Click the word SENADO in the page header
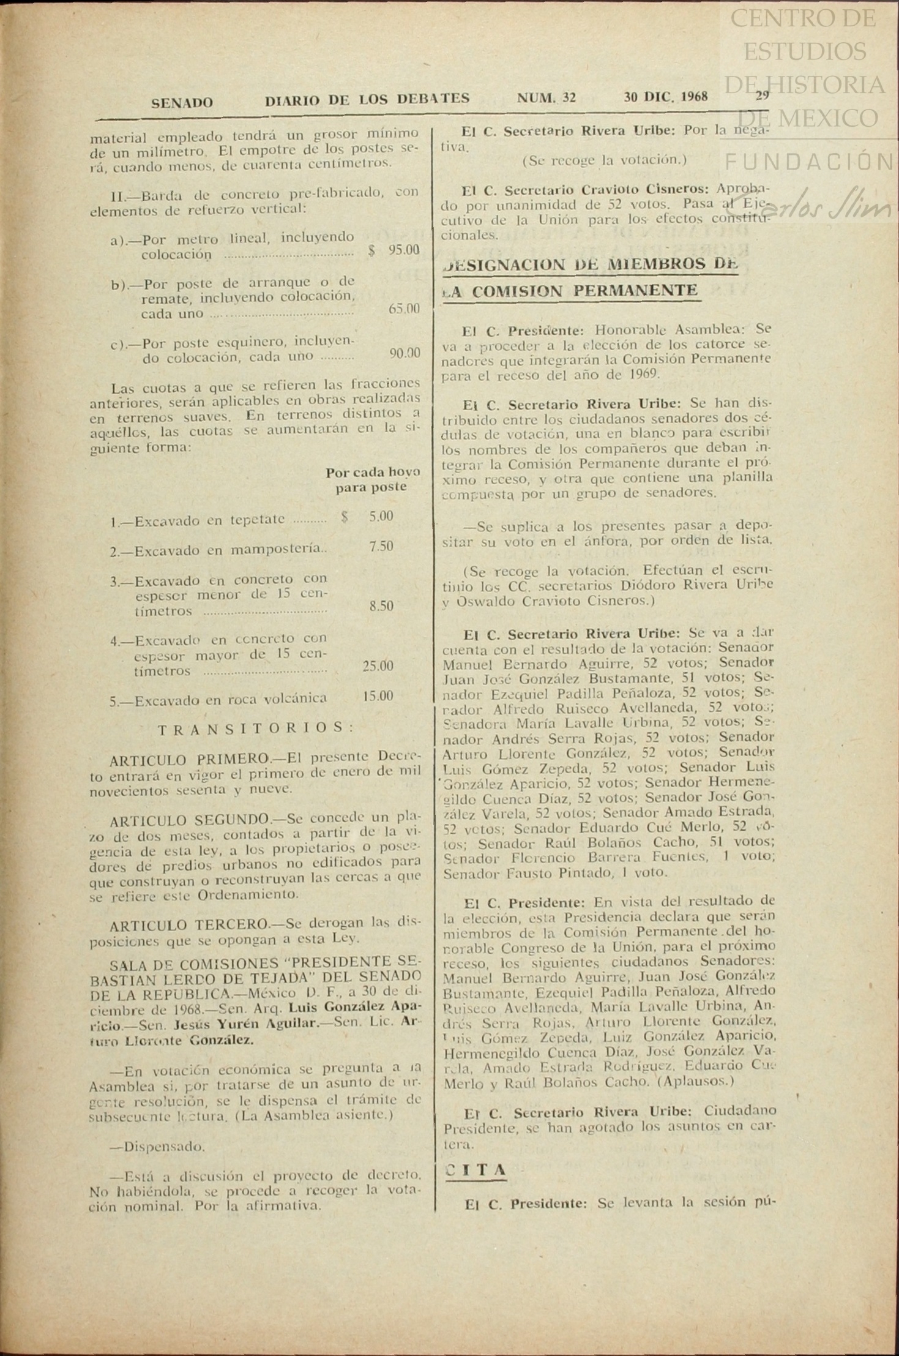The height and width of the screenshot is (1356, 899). (x=182, y=103)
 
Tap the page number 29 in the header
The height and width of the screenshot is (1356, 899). (x=762, y=96)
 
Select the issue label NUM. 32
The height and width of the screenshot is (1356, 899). (x=546, y=97)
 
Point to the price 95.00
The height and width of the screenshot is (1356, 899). (x=403, y=250)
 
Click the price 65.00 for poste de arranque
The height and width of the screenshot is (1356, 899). (x=404, y=309)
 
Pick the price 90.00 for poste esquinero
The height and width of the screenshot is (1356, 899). (x=405, y=353)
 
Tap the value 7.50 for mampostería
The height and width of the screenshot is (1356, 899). (x=381, y=546)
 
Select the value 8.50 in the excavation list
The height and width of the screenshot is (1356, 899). (x=381, y=606)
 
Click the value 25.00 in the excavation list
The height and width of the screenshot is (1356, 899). (x=378, y=665)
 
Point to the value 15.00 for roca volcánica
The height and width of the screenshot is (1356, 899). (x=378, y=696)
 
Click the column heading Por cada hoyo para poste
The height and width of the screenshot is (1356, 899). (x=372, y=480)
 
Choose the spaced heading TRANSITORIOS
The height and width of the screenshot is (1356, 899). (x=256, y=729)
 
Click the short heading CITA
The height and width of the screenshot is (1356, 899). (x=476, y=1171)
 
